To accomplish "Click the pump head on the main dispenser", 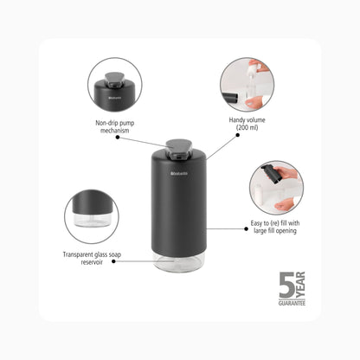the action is pyautogui.click(x=179, y=149).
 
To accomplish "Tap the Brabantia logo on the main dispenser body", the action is pyautogui.click(x=179, y=173).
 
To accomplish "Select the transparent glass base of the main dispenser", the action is pyautogui.click(x=179, y=262).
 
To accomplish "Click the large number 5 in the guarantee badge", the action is pyautogui.click(x=286, y=285).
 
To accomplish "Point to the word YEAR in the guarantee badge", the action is pyautogui.click(x=300, y=285).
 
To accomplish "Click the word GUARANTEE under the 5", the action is pyautogui.click(x=292, y=303).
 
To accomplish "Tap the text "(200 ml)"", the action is pyautogui.click(x=247, y=127).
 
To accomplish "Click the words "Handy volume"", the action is pyautogui.click(x=247, y=120).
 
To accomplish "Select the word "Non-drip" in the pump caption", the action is pyautogui.click(x=106, y=123).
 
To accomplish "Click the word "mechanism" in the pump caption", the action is pyautogui.click(x=115, y=131).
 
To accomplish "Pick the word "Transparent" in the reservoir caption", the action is pyautogui.click(x=77, y=254).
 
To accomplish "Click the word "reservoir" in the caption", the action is pyautogui.click(x=92, y=262).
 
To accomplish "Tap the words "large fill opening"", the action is pyautogui.click(x=275, y=231).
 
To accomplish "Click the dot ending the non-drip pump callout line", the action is pyautogui.click(x=118, y=138).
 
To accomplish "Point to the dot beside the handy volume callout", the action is pyautogui.click(x=238, y=135).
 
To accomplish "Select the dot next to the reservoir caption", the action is pyautogui.click(x=113, y=261).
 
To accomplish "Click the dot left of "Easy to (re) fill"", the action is pyautogui.click(x=246, y=228).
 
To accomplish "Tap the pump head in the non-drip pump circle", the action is pyautogui.click(x=114, y=80).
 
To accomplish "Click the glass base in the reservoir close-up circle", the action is pyautogui.click(x=93, y=220).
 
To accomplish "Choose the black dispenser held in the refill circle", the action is pyautogui.click(x=272, y=173).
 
